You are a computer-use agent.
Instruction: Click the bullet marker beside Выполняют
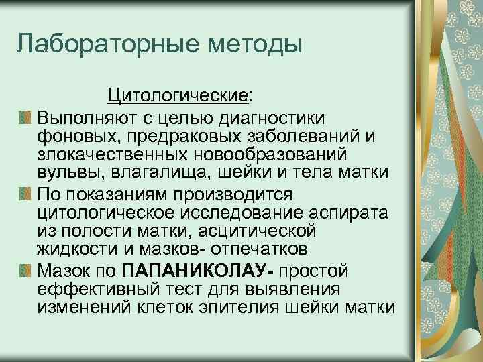point(25,118)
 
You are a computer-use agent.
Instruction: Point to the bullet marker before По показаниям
point(25,194)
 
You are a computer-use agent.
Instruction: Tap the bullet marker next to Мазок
point(25,271)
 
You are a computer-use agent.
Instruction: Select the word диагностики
point(270,118)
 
